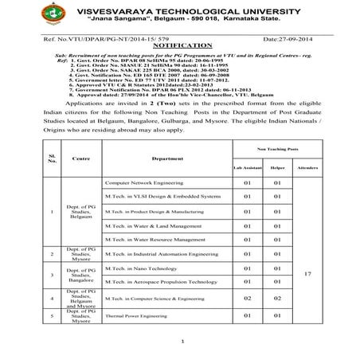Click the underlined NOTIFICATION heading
[x=180, y=47]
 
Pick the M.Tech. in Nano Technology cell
[x=135, y=269]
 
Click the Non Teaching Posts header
[x=283, y=149]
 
